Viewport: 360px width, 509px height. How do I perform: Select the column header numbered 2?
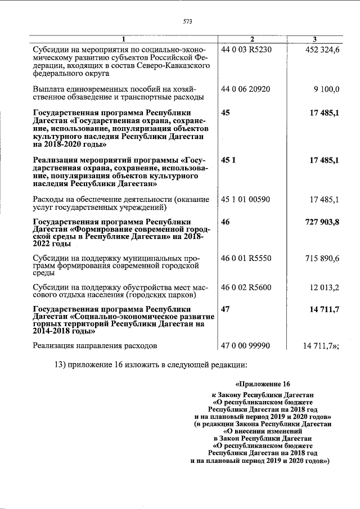[252, 38]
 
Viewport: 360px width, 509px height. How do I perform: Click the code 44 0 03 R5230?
[247, 49]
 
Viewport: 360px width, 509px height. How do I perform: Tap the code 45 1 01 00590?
[247, 199]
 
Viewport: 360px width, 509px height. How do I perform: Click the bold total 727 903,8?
[321, 222]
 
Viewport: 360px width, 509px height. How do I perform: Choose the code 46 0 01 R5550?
[247, 257]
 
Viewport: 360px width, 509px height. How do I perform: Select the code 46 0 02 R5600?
[247, 287]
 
